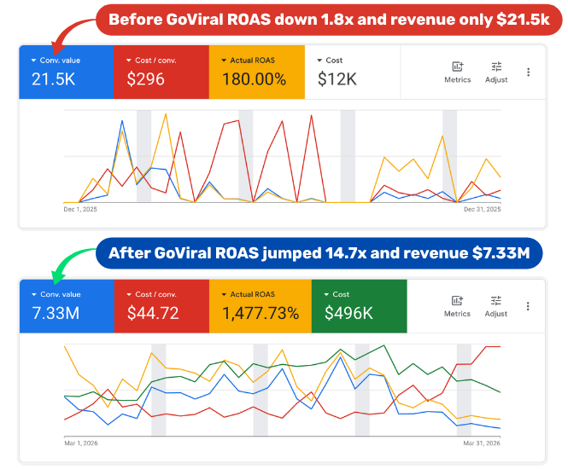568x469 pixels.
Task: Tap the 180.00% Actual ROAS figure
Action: coord(254,79)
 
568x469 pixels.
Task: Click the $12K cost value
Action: coord(337,79)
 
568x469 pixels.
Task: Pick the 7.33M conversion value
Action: coord(56,313)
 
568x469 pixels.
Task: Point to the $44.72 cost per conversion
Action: coord(153,313)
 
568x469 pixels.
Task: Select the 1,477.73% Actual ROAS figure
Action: coord(261,313)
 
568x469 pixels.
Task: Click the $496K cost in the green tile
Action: coord(348,313)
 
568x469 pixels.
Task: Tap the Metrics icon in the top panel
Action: coord(457,67)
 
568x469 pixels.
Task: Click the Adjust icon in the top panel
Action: coord(496,67)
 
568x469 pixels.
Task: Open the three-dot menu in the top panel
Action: coord(528,72)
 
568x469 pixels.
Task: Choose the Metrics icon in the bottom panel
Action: coord(457,300)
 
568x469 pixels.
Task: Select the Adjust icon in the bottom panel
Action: coord(496,300)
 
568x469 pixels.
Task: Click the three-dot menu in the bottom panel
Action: coord(528,306)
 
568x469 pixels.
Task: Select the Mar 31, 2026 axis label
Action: coord(482,443)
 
